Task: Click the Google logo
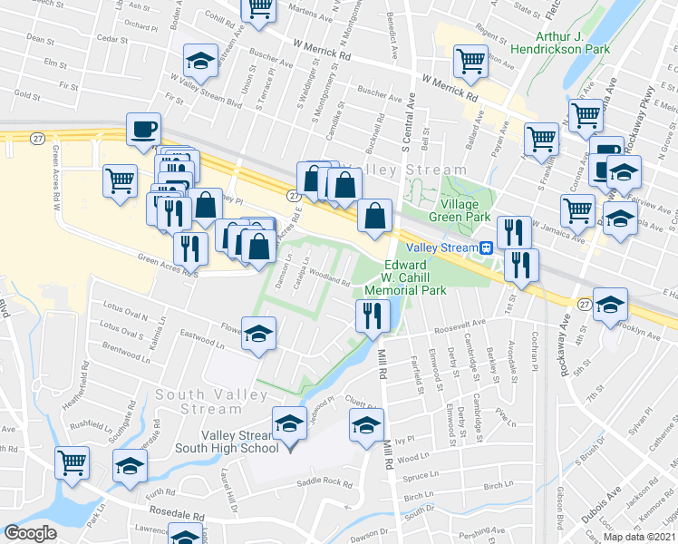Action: click(x=30, y=533)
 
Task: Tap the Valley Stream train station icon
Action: click(x=486, y=248)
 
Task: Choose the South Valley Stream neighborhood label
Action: click(x=210, y=401)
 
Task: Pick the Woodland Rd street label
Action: click(x=332, y=275)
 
